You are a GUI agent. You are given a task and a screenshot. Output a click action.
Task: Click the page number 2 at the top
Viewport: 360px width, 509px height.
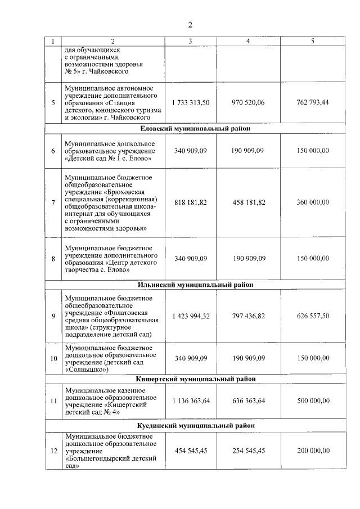[190, 24]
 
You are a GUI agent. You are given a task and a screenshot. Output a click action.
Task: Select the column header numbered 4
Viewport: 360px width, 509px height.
[248, 41]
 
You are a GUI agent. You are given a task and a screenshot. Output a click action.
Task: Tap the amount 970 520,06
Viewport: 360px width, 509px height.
[248, 103]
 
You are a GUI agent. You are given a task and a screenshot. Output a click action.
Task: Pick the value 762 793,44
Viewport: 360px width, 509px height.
[313, 103]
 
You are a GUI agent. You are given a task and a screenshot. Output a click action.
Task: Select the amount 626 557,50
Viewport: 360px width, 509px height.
[313, 316]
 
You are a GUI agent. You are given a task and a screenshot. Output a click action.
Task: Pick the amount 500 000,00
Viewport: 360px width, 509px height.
[313, 401]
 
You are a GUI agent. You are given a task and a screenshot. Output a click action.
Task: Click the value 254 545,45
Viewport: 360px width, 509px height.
[248, 451]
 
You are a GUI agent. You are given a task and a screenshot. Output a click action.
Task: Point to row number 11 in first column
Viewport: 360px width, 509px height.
[53, 401]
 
